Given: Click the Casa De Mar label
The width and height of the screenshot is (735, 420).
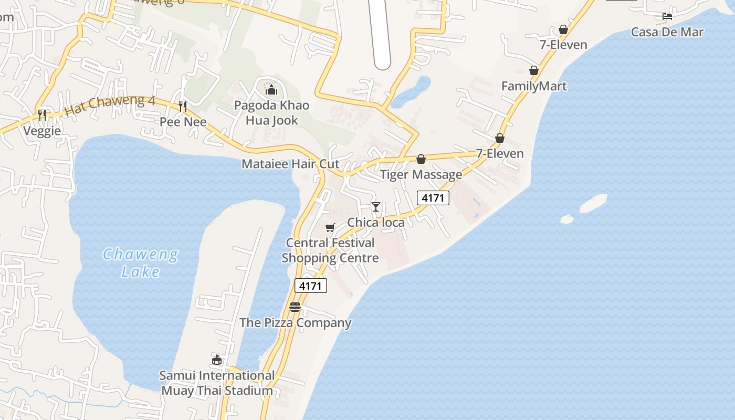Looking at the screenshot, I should tap(667, 32).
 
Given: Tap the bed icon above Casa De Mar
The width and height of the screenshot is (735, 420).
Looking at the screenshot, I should tap(667, 16).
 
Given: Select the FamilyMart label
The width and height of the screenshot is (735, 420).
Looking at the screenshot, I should tap(534, 86).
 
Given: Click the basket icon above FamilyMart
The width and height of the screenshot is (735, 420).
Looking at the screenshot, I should tap(534, 70).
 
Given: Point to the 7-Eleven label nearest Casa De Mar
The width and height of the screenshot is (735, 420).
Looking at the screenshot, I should tap(563, 45).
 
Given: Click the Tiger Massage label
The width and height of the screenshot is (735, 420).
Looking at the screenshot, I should tap(421, 174).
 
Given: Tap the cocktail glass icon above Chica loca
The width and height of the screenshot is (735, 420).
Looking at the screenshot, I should tap(376, 206).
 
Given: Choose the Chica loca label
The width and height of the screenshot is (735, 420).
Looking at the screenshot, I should tap(376, 223).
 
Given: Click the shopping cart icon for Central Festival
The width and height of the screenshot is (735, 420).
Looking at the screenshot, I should tap(330, 227).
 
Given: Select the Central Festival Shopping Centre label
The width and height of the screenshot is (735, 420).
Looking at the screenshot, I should tap(330, 250).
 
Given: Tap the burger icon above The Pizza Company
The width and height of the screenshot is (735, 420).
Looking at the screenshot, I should tap(295, 307).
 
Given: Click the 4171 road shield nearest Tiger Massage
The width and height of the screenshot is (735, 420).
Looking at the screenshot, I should tap(433, 198).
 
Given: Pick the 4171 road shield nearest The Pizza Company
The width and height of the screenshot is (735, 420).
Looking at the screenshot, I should tap(311, 286).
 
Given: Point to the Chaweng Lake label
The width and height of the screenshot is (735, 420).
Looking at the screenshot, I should tap(140, 263).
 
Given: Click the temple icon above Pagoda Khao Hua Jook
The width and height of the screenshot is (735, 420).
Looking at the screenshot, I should tap(271, 90).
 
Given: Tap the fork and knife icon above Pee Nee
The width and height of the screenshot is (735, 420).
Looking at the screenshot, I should tap(183, 107).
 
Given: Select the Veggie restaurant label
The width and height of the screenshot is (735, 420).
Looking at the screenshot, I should tap(42, 131).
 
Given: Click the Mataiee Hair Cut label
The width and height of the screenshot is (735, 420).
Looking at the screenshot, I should tap(290, 164).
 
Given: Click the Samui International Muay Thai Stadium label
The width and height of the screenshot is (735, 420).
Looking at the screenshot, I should tap(217, 383).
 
